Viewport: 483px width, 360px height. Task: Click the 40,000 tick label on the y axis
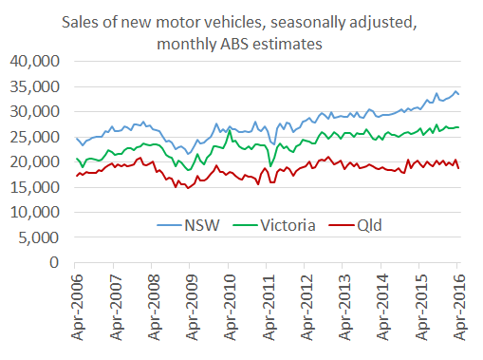(36, 62)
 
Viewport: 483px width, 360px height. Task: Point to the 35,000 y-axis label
(36, 86)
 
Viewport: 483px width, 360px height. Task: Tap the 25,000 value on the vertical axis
(36, 137)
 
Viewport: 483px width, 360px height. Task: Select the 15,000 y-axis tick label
(36, 187)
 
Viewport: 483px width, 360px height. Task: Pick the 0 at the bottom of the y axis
(55, 262)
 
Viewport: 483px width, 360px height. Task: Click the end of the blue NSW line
(460, 94)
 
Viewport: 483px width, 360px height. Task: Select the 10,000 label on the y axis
(36, 212)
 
